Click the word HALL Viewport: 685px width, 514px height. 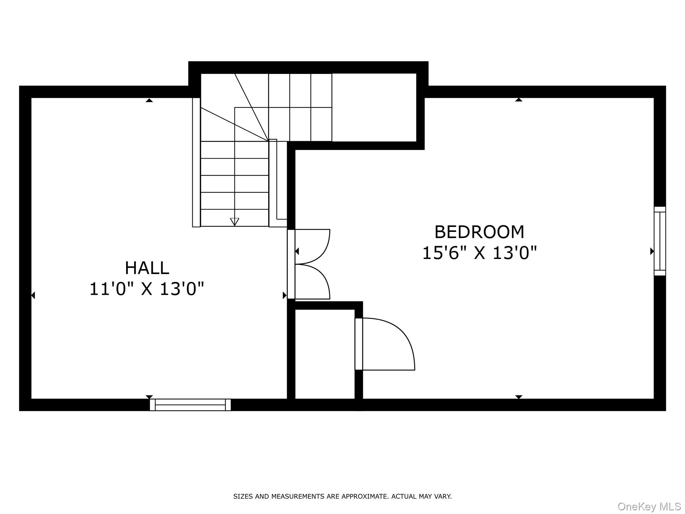coord(147,268)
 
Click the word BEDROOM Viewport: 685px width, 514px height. coord(479,232)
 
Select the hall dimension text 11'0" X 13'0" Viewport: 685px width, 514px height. coord(146,288)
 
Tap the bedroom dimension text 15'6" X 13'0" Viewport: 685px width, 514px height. coord(479,253)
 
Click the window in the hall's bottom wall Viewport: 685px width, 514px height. coord(190,405)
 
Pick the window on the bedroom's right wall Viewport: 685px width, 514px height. coord(660,241)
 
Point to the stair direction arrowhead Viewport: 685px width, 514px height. coord(234,222)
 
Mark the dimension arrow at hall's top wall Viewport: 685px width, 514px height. coord(149,100)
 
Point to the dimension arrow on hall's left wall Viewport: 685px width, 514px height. coord(33,295)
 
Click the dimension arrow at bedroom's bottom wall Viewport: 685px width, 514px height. coord(518,397)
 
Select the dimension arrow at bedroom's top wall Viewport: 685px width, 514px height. coord(518,100)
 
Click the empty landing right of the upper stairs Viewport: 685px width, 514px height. coord(374,107)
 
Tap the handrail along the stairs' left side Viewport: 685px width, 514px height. coord(196,162)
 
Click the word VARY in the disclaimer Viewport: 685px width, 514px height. coord(442,496)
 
